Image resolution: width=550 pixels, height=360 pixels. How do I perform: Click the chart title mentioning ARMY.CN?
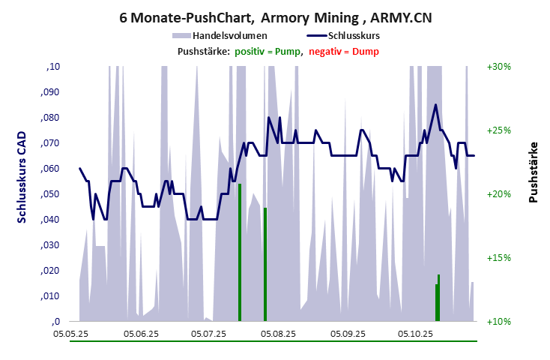(275, 16)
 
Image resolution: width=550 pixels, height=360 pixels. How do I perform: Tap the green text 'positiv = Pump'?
(268, 51)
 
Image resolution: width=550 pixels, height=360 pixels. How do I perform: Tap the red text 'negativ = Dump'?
(344, 51)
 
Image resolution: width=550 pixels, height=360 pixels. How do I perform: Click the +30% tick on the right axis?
(498, 67)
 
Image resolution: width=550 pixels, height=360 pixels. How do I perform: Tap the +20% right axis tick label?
(498, 194)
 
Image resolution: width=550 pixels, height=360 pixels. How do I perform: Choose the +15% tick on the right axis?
(498, 258)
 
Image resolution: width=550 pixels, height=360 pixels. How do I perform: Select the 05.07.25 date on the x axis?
(209, 333)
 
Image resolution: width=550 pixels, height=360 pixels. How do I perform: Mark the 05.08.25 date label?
(279, 333)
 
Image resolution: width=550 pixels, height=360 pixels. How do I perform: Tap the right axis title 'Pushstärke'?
(534, 172)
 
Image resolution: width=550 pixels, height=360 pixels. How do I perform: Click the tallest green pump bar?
(239, 252)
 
